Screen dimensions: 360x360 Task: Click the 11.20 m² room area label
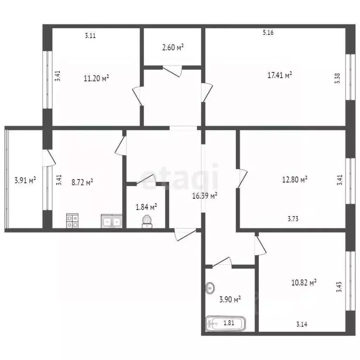96,78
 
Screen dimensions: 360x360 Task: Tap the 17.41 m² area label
280,75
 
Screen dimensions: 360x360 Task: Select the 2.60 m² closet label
172,47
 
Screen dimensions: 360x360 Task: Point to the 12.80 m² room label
295,179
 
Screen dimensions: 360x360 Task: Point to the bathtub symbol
225,323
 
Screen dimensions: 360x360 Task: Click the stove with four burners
72,220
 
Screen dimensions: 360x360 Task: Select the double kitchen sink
112,221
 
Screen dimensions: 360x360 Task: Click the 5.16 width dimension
268,32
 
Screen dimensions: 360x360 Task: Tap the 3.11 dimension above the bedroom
90,35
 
